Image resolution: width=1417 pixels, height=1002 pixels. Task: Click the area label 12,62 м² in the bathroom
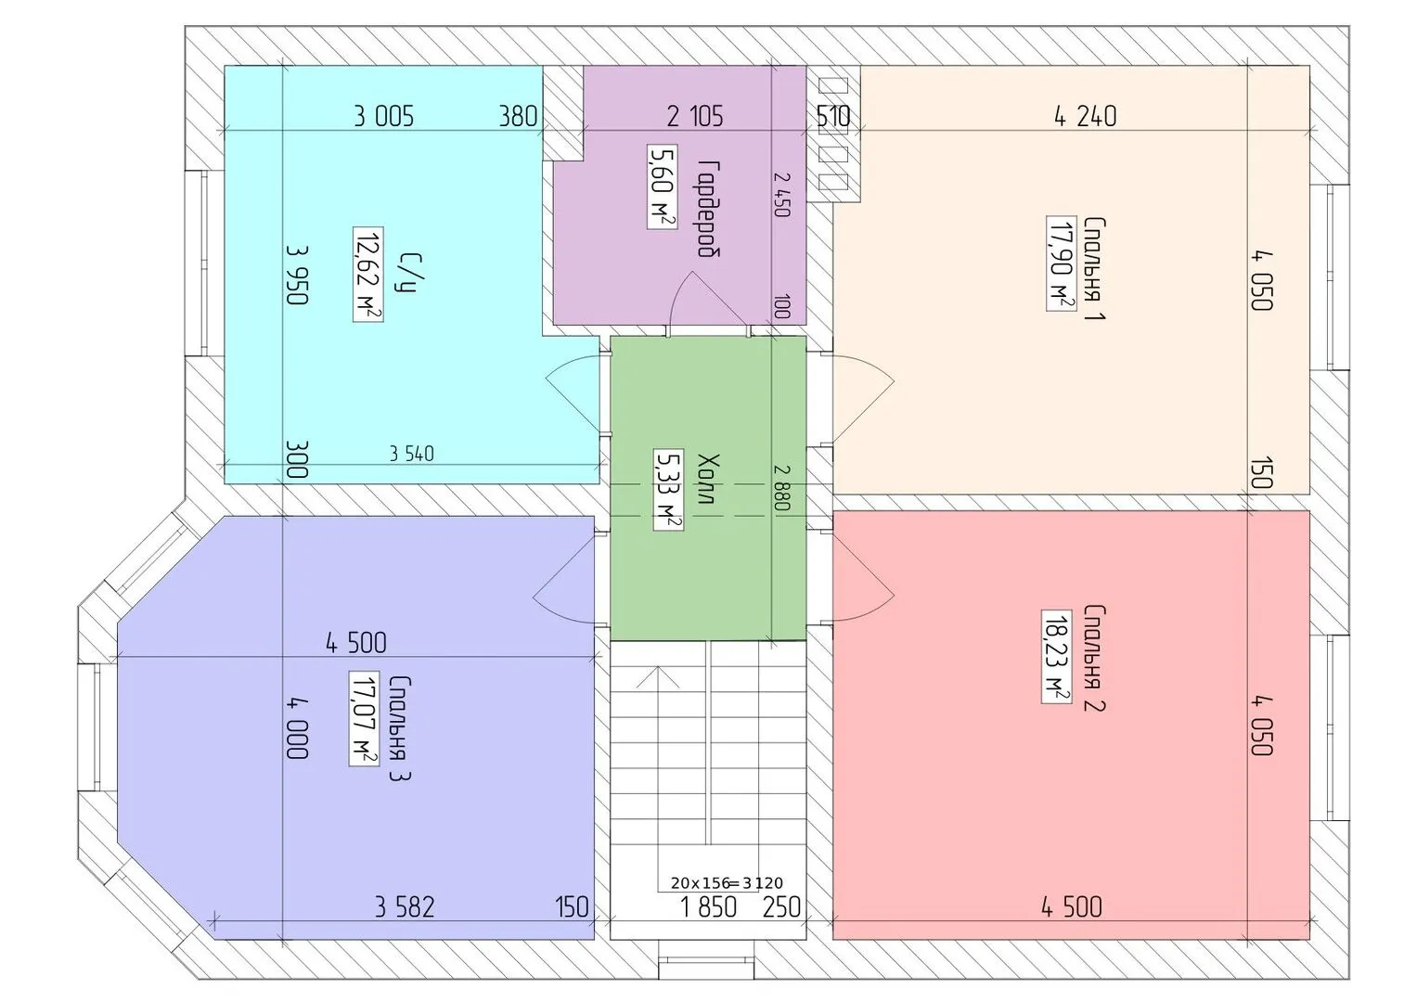[x=367, y=275]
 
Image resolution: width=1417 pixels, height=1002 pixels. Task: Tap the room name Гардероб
[x=709, y=208]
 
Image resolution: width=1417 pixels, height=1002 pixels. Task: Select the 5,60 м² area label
[x=663, y=186]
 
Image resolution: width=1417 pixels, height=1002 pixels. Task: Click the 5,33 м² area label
[x=668, y=489]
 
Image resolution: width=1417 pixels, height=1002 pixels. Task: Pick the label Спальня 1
[x=1095, y=269]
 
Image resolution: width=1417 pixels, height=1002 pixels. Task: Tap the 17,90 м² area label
[x=1061, y=263]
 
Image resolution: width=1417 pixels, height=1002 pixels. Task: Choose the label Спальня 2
[x=1094, y=658]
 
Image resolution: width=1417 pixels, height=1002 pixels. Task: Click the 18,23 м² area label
[x=1056, y=657]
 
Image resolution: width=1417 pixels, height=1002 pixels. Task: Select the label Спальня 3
[x=399, y=728]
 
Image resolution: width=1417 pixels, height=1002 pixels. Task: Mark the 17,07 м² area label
[x=364, y=719]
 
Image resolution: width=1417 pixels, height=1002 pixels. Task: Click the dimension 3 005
[x=383, y=117]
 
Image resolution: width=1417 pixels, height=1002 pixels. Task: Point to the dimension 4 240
[x=1086, y=116]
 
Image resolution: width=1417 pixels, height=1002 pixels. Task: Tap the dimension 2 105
[x=695, y=116]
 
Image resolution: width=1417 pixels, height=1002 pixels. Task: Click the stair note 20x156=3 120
[x=727, y=882]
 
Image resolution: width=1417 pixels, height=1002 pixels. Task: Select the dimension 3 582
[x=405, y=907]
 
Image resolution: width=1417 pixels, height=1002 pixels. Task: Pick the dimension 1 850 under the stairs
[x=709, y=907]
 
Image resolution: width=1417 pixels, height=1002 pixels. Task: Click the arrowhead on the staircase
[x=658, y=677]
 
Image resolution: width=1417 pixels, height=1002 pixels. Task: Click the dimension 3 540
[x=411, y=454]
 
